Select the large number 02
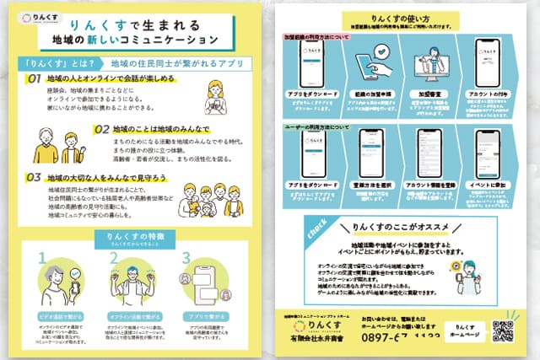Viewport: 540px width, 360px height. [102, 130]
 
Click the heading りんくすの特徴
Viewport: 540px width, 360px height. [137, 236]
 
